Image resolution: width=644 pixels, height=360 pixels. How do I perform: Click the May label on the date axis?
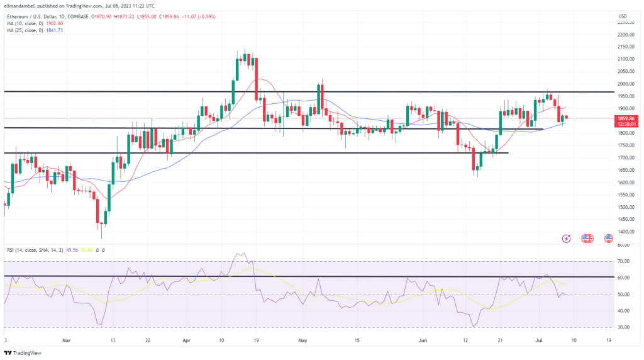click(x=303, y=340)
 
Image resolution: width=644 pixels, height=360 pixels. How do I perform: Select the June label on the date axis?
click(x=423, y=340)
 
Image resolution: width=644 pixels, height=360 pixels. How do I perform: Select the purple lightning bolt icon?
click(x=566, y=239)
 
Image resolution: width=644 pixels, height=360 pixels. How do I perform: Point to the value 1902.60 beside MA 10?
click(x=62, y=23)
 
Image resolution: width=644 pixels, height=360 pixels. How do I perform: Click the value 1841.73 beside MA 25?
click(x=62, y=30)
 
